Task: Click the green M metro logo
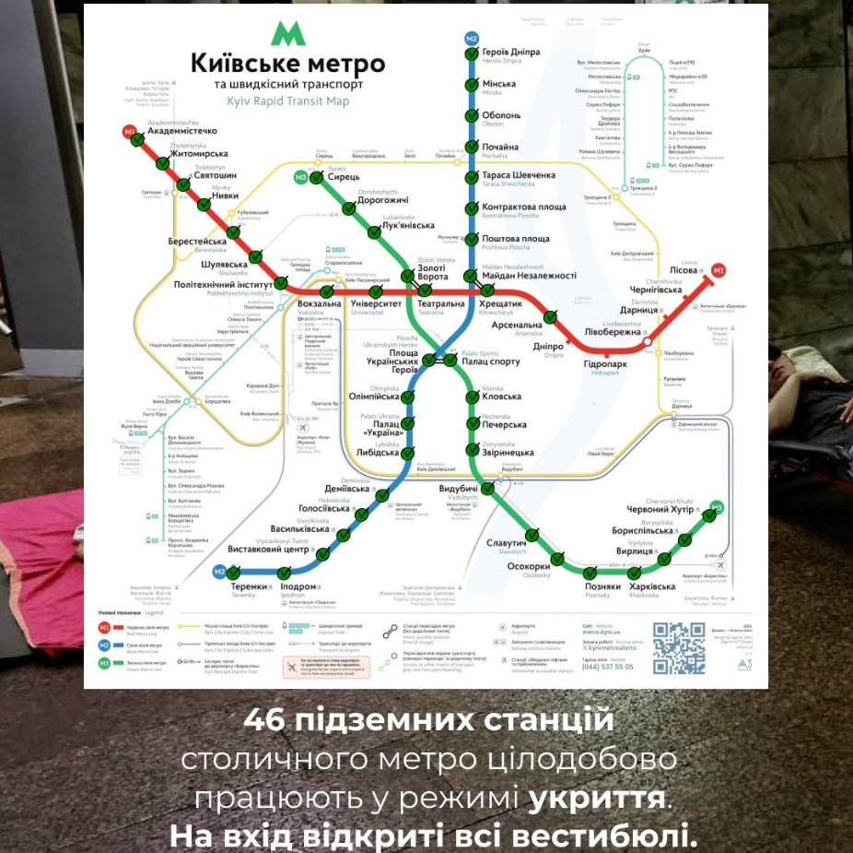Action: coord(288,34)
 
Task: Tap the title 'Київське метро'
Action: coord(287,64)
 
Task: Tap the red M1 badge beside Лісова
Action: coord(719,270)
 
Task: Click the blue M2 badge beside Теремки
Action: coord(220,572)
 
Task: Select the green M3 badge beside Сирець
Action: coord(301,177)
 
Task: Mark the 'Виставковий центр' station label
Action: coord(268,550)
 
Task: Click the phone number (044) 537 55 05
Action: coord(606,666)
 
